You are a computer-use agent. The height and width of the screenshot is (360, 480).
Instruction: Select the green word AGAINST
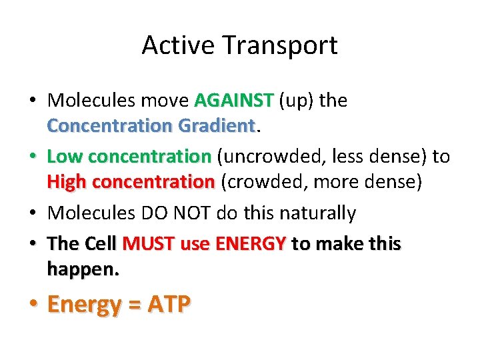pyautogui.click(x=234, y=101)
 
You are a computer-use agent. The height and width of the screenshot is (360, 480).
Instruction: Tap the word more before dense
pyautogui.click(x=319, y=181)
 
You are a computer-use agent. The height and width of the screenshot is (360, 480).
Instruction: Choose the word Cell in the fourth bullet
pyautogui.click(x=101, y=244)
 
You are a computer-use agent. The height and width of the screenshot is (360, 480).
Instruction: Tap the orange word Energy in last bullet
pyautogui.click(x=84, y=305)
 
